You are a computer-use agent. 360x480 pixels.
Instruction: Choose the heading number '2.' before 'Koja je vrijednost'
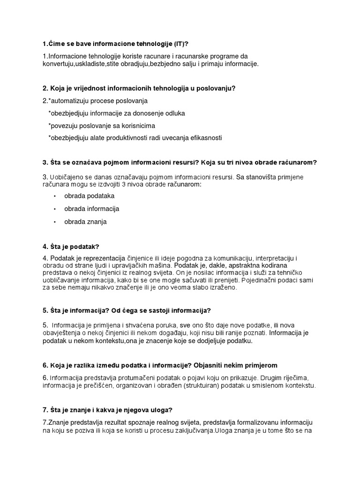(45, 88)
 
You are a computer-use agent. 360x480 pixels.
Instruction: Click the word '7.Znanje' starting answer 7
(55, 423)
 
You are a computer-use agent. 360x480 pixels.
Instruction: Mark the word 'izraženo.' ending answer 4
(223, 288)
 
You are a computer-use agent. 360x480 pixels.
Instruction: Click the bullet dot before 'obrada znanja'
(55, 222)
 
